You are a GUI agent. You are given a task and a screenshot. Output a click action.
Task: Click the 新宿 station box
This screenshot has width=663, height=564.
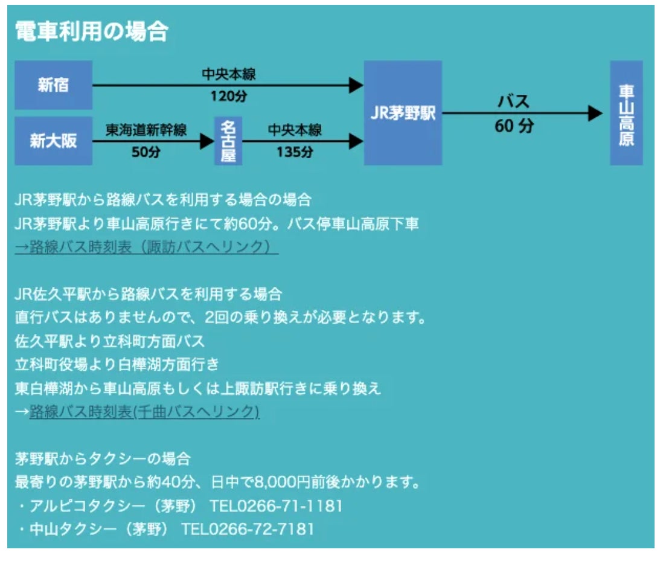[x=53, y=85]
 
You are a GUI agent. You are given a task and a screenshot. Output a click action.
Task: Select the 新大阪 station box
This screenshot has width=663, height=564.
[x=53, y=141]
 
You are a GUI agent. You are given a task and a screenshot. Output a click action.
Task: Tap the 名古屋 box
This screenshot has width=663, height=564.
[x=228, y=141]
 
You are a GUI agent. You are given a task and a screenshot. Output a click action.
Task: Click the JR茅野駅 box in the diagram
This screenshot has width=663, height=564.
[x=403, y=113]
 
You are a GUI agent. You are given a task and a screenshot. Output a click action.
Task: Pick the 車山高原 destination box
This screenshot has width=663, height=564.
[x=626, y=113]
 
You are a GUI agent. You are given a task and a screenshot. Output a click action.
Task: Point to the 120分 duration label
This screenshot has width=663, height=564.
[x=228, y=97]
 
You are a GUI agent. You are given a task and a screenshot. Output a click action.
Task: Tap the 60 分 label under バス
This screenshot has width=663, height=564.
[x=514, y=126]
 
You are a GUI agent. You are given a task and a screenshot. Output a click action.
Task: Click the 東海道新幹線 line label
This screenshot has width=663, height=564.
[x=146, y=130]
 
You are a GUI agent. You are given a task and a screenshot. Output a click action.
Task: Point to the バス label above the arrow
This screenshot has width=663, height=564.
[x=513, y=101]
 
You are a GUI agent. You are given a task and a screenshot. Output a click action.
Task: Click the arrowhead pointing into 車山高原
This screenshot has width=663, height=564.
[x=595, y=114]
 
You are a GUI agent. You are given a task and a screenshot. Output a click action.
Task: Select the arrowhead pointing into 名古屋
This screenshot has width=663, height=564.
[x=207, y=141]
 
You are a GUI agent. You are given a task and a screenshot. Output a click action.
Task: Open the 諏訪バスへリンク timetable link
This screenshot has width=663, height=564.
[x=146, y=248]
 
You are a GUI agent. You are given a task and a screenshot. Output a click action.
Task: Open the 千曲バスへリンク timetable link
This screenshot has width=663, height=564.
[x=144, y=412]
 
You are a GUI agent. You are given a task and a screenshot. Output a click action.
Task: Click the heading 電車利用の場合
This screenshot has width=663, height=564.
[x=91, y=32]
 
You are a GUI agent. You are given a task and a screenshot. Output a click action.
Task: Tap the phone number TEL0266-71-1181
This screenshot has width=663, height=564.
[x=276, y=506]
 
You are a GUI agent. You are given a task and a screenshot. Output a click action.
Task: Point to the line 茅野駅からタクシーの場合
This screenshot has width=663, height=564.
[x=103, y=458]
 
